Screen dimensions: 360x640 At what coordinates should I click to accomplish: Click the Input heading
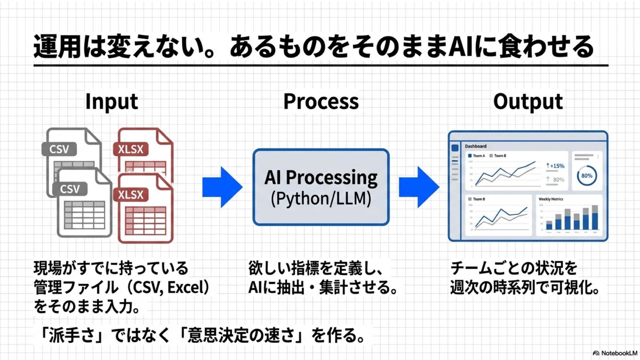[x=112, y=102]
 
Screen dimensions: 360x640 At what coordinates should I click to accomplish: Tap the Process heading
[x=321, y=102]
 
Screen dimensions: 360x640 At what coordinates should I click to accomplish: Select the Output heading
[x=528, y=102]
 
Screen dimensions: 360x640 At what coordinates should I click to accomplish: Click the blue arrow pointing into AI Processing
[x=222, y=187]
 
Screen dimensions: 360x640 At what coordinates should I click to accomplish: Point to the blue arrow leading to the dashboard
[x=419, y=187]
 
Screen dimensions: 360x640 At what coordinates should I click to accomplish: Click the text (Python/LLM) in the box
[x=321, y=199]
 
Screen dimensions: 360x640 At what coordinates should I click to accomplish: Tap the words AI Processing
[x=321, y=177]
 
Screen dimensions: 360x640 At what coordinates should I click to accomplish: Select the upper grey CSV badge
[x=59, y=149]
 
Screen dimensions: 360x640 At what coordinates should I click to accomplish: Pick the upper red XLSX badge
[x=131, y=149]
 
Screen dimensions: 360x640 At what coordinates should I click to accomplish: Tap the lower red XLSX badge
[x=131, y=194]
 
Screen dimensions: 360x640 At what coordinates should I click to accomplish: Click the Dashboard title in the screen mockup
[x=475, y=146]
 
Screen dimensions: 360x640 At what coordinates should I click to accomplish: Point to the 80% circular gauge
[x=587, y=176]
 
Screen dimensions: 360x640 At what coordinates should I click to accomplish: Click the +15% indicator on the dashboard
[x=555, y=166]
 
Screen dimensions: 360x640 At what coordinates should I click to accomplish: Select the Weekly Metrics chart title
[x=551, y=199]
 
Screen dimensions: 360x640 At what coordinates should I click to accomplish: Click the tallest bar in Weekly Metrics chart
[x=594, y=217]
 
